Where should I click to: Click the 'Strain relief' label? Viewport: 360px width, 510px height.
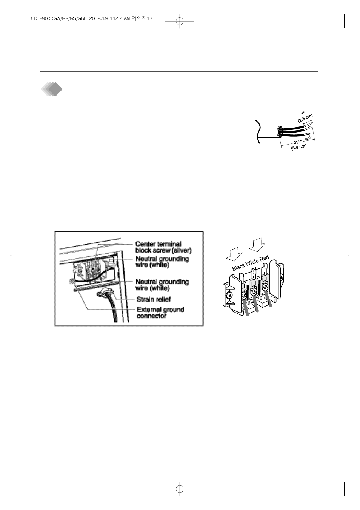pyautogui.click(x=154, y=299)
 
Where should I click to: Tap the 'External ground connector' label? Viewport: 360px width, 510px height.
pyautogui.click(x=160, y=313)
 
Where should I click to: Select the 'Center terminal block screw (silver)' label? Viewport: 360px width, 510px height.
pyautogui.click(x=163, y=247)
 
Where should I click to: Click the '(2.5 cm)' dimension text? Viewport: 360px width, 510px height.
pyautogui.click(x=305, y=118)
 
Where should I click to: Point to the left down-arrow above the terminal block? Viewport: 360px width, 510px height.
pyautogui.click(x=233, y=254)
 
